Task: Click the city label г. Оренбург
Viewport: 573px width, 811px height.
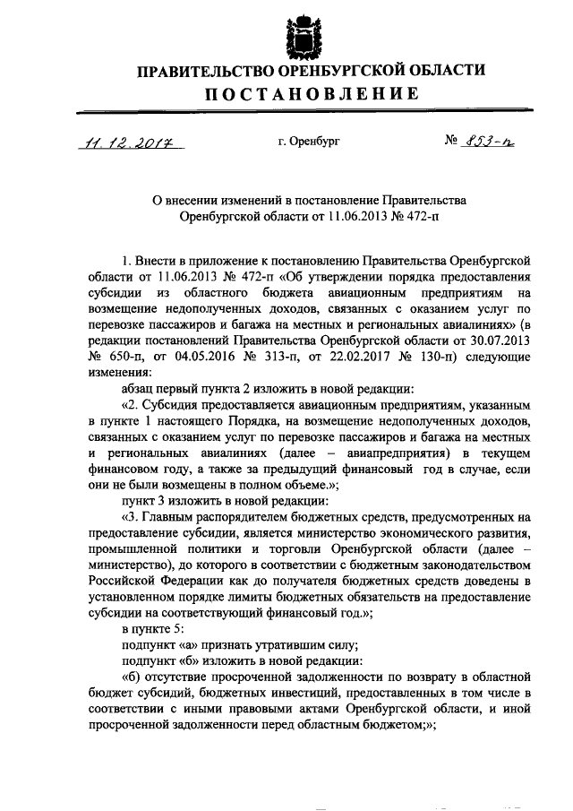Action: [309, 141]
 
